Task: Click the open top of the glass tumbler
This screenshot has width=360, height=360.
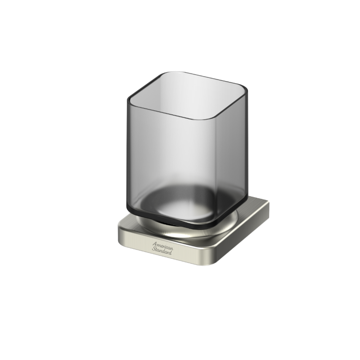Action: (x=188, y=95)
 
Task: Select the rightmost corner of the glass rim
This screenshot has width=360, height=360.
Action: (x=247, y=91)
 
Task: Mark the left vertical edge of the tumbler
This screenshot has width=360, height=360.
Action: (x=127, y=152)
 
